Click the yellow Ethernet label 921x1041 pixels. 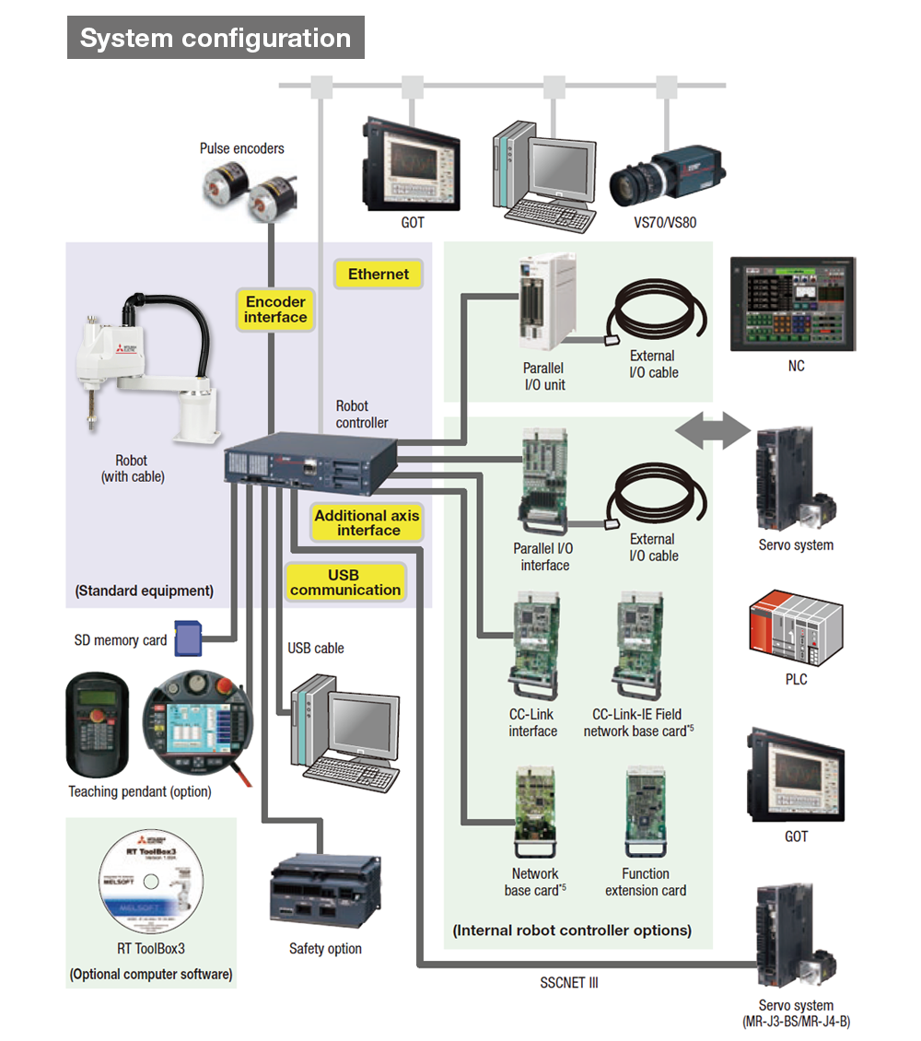(379, 274)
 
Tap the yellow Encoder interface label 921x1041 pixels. (275, 310)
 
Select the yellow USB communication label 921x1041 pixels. (345, 583)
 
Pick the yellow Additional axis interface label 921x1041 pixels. (367, 522)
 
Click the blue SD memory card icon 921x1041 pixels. (187, 637)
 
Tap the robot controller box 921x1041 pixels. (311, 461)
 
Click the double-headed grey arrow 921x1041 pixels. (712, 430)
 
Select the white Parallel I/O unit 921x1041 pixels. (547, 302)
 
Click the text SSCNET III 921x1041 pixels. (569, 983)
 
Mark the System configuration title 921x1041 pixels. (216, 38)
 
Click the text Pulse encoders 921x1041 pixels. (242, 148)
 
